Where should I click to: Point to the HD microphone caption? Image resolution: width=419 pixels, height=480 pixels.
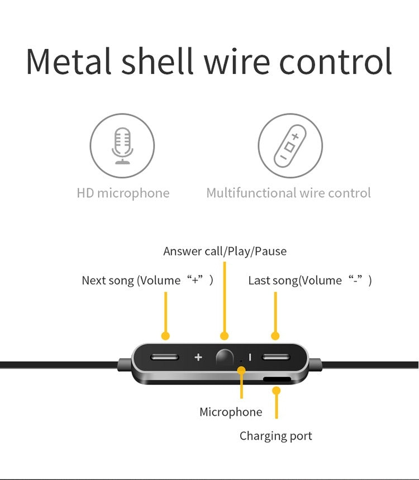coord(123,193)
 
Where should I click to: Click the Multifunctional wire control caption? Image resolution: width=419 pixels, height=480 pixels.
coord(288,193)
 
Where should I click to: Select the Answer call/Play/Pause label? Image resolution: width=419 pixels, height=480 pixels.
coord(225,251)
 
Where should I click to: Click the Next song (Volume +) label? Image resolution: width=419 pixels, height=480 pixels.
coord(147,280)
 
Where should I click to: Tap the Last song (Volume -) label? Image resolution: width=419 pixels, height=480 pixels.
coord(310,280)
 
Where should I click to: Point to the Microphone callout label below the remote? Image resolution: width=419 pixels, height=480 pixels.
coord(231,412)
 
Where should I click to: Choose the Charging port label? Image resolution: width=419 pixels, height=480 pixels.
coord(276,436)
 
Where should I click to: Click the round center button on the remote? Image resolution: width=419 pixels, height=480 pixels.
coord(224,357)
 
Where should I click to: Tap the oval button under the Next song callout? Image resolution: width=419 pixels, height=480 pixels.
coord(165,357)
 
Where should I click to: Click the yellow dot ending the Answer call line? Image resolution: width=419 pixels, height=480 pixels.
coord(225,336)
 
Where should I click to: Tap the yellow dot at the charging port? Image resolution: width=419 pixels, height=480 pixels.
coord(276,390)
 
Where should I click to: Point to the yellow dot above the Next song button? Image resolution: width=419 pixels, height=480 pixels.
coord(165,336)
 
